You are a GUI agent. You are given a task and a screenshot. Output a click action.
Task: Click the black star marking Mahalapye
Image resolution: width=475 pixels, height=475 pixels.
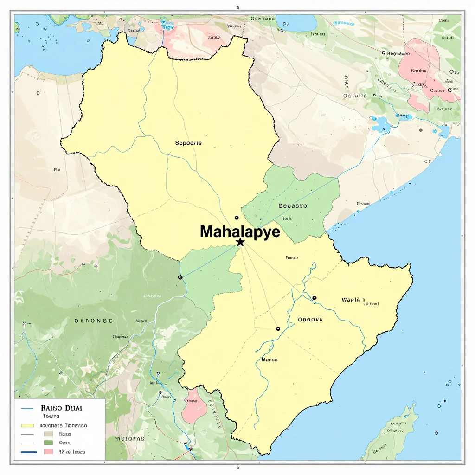coord(240,242)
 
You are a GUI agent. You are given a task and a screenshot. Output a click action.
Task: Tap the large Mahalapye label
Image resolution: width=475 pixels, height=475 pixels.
coord(240,231)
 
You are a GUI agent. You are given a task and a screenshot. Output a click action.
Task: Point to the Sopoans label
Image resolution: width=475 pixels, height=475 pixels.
coord(188,143)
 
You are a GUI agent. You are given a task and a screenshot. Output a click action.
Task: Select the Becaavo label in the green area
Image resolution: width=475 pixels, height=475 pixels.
coord(293,205)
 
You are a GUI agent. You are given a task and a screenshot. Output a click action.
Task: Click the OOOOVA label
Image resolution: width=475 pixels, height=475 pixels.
coord(310,320)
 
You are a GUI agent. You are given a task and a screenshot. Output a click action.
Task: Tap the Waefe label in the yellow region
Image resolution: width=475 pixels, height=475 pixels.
coord(353,300)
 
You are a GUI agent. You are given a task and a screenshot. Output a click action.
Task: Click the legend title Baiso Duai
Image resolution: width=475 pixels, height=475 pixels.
coord(61,408)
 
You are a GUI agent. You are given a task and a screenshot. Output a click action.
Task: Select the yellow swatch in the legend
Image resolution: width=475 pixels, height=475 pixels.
coord(28,425)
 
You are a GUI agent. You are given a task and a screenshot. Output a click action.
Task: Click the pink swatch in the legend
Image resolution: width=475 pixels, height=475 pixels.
coord(48,451)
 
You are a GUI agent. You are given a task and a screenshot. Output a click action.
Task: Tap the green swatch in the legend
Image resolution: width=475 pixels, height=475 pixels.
coord(48,443)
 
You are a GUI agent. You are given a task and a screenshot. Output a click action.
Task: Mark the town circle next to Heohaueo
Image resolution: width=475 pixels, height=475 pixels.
coord(383,53)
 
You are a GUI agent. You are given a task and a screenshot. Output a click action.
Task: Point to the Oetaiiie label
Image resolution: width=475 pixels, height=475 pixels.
coord(355,96)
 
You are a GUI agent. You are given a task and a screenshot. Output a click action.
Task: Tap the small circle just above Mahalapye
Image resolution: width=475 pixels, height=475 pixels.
coord(237,218)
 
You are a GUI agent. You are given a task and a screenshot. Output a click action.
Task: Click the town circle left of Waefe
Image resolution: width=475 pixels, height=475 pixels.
coord(315,298)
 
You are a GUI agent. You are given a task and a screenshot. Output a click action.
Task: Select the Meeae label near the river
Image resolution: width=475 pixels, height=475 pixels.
coord(269,359)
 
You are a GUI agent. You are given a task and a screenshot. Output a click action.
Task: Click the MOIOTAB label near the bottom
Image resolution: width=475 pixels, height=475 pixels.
coord(129,438)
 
